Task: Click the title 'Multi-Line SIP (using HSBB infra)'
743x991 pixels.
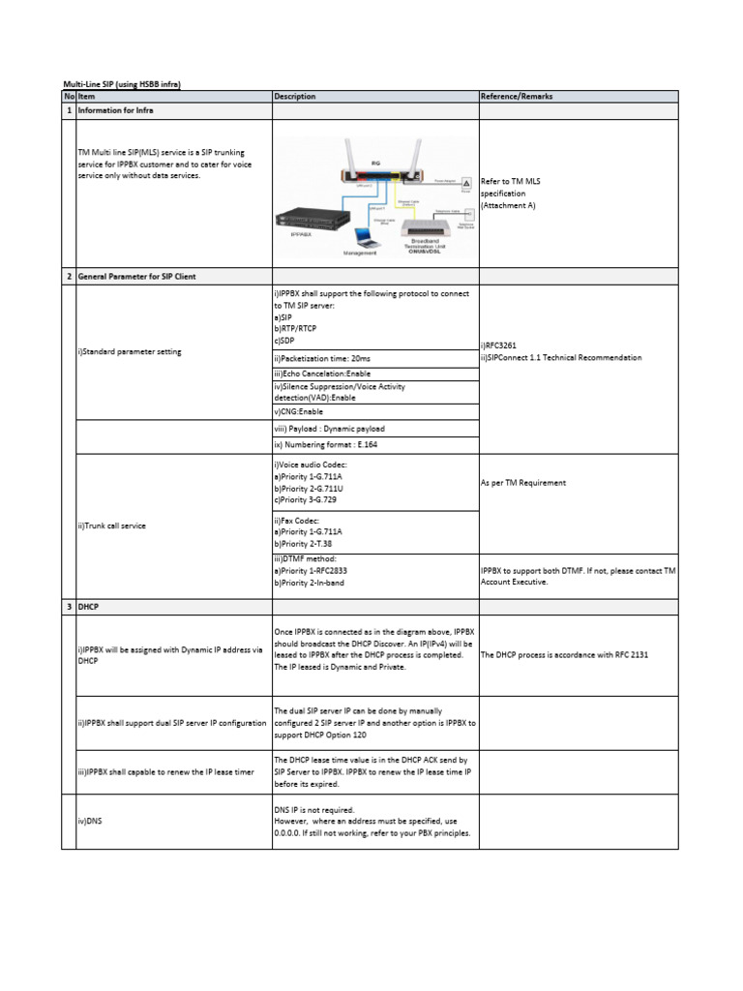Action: point(122,85)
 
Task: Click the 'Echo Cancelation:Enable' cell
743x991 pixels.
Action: point(322,374)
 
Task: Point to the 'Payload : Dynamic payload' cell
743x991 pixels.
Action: point(329,428)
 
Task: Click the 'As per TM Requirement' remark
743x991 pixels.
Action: point(523,482)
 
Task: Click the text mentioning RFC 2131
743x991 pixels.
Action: point(564,655)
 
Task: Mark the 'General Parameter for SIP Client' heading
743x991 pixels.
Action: point(136,277)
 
